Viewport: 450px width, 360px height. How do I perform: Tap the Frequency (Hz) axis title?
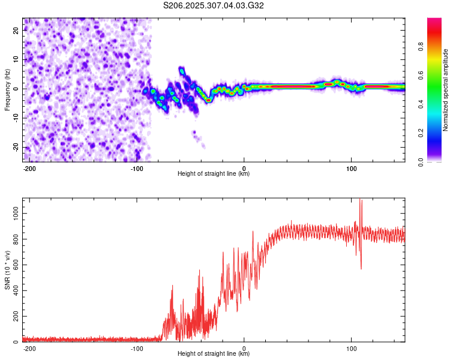coord(7,90)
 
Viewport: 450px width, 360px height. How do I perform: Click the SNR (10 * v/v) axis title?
coord(7,271)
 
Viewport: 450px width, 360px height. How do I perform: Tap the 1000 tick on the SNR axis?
coord(13,213)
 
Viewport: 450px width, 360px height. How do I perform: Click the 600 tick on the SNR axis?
coord(14,265)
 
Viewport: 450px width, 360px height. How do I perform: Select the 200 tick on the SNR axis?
coord(14,316)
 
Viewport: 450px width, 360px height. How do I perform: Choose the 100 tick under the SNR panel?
coord(351,347)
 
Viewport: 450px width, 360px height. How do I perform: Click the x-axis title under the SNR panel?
coord(214,354)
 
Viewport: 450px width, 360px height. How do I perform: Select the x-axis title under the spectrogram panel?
coord(214,174)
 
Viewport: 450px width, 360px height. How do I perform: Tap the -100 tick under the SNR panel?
coord(137,347)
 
